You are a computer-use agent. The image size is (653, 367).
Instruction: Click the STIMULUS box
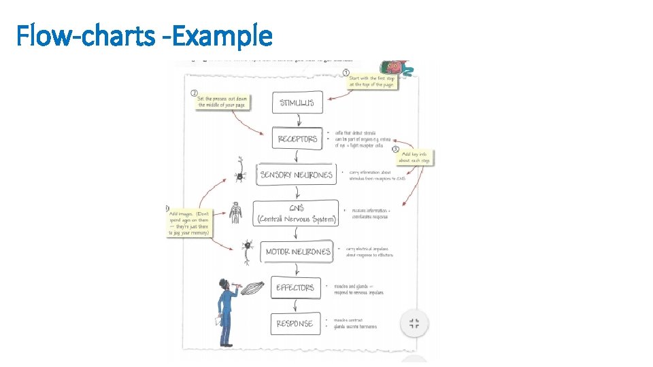pos(297,103)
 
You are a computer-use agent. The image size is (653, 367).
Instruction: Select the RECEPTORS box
pos(297,139)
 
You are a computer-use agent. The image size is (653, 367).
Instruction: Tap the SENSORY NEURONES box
pos(296,175)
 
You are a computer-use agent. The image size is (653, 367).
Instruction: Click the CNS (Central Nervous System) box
pos(296,213)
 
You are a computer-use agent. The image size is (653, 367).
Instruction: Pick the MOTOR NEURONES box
pos(297,251)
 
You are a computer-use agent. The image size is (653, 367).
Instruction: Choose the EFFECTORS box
pos(295,287)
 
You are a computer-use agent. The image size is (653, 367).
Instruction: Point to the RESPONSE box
pos(295,324)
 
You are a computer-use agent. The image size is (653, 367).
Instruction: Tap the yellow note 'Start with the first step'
pos(371,81)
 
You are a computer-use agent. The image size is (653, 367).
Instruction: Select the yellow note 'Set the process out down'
pos(222,101)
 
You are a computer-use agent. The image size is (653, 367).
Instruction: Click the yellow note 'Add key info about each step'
pos(414,157)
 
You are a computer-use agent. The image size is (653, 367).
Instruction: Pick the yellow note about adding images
pos(190,221)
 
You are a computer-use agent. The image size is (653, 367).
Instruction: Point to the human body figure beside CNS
pos(236,213)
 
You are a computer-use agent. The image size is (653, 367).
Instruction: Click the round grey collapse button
pos(414,324)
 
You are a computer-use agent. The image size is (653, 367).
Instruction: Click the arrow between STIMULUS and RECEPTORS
pos(297,120)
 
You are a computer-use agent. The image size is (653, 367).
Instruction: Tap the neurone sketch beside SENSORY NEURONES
pos(239,171)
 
